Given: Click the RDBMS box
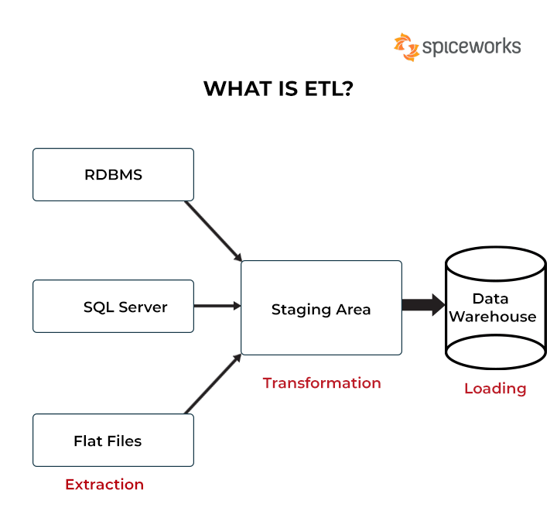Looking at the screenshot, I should click(113, 174).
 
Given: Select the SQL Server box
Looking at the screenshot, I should click(113, 307).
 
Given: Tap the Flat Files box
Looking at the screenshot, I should click(113, 441).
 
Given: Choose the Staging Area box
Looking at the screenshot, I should click(321, 308).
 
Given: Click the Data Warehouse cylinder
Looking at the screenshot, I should click(495, 307).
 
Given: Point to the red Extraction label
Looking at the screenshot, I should click(104, 485).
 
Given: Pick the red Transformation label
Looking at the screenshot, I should click(322, 383).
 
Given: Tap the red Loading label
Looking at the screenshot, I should click(495, 389).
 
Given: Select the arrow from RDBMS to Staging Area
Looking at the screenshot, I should click(214, 231).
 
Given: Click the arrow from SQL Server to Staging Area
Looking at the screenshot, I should click(217, 306).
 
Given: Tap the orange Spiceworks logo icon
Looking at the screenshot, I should click(406, 46).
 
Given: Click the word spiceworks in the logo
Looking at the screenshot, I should click(471, 47).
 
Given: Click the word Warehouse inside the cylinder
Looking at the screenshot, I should click(493, 317).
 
